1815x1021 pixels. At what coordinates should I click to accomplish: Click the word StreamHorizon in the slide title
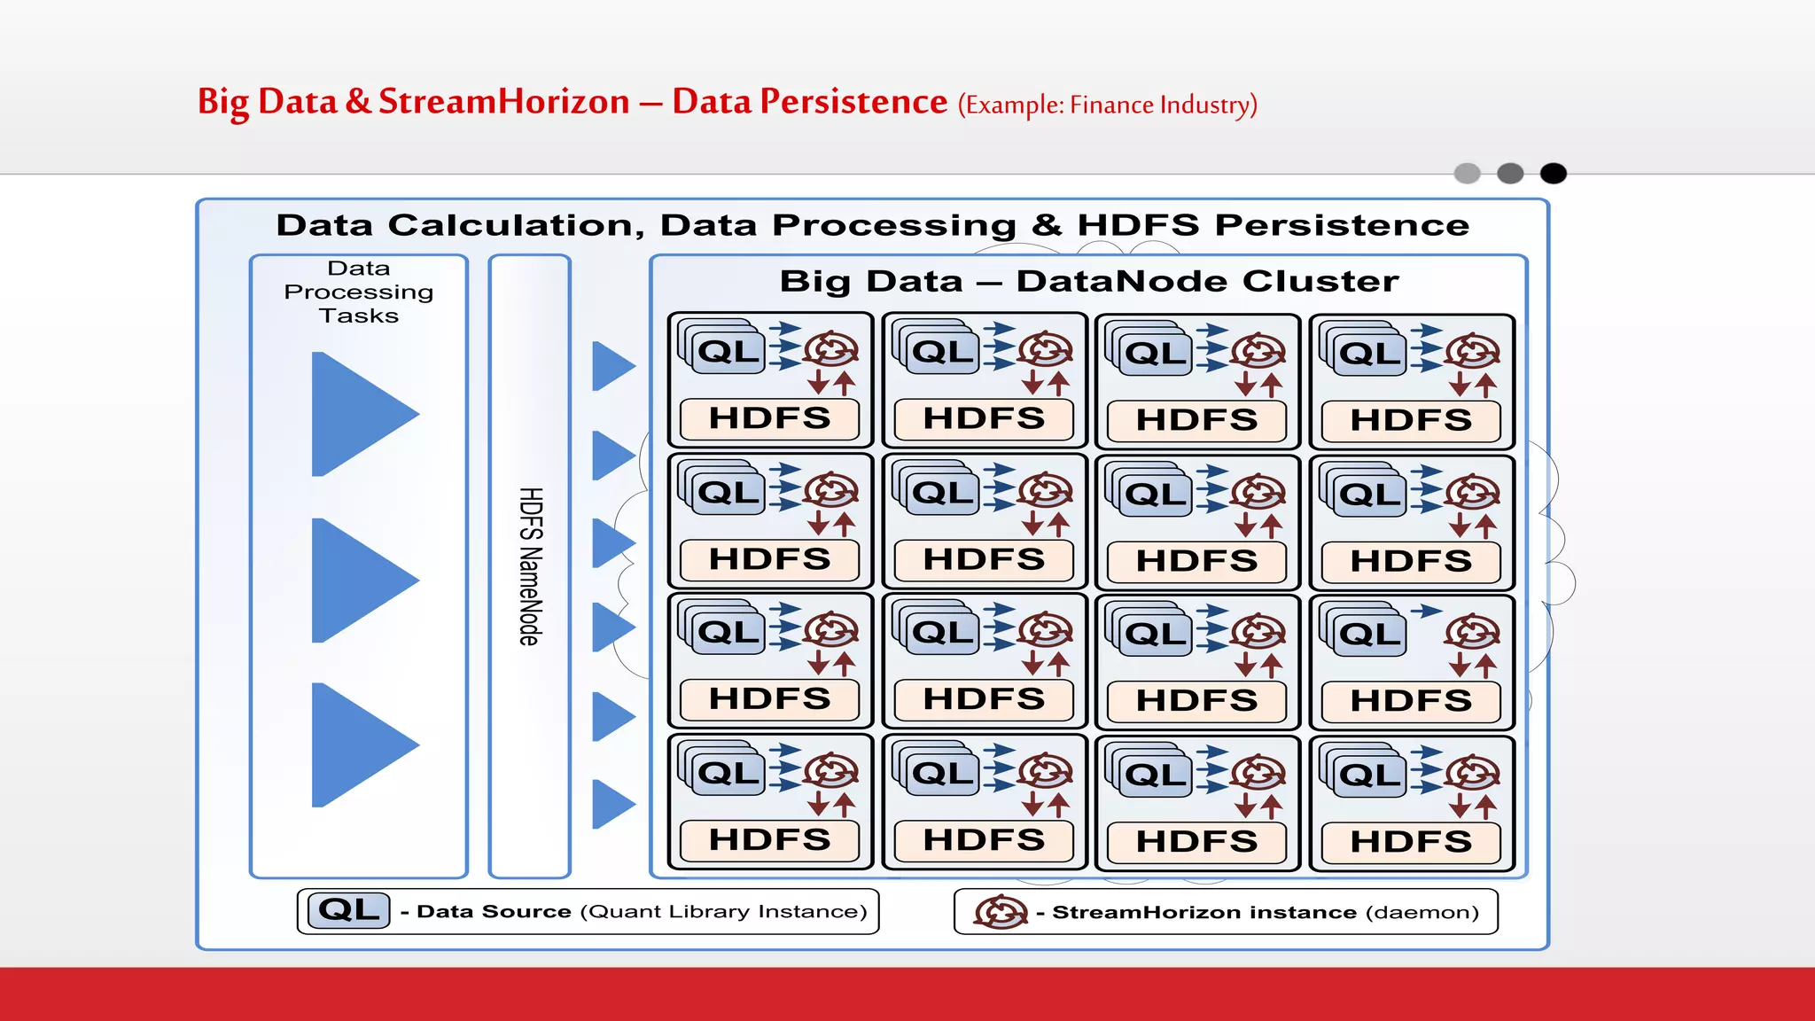(503, 101)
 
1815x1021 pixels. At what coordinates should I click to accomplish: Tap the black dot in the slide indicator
(1553, 174)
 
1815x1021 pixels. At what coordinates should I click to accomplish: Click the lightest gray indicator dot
(1468, 174)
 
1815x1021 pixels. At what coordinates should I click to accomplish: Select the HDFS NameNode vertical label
(530, 566)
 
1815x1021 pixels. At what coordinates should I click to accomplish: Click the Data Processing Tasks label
(359, 292)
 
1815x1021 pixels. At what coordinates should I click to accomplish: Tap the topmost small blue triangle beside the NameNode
(611, 366)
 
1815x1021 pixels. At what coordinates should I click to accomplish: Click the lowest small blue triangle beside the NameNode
(611, 804)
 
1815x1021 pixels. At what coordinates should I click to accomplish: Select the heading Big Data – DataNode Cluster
(1089, 281)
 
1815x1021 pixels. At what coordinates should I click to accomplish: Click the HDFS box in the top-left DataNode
(769, 418)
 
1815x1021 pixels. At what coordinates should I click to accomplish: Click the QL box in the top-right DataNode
(1370, 354)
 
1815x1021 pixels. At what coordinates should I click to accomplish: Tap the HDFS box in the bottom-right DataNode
(1411, 841)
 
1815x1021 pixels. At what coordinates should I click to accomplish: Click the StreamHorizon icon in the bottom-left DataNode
(831, 771)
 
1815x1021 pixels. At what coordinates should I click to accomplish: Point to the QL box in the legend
(349, 910)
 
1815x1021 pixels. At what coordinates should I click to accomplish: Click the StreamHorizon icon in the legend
(1001, 912)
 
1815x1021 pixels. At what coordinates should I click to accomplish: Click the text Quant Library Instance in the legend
(723, 912)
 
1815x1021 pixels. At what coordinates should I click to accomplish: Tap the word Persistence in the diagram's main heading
(1342, 225)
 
